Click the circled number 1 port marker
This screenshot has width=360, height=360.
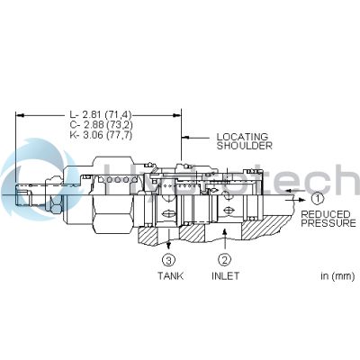point(316,197)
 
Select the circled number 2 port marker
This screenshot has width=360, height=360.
point(223,260)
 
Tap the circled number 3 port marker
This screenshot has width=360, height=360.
point(168,260)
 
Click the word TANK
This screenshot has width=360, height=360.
point(170,276)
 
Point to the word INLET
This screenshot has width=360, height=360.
point(225,276)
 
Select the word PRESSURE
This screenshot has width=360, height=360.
point(328,223)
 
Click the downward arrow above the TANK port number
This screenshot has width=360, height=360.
point(168,241)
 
